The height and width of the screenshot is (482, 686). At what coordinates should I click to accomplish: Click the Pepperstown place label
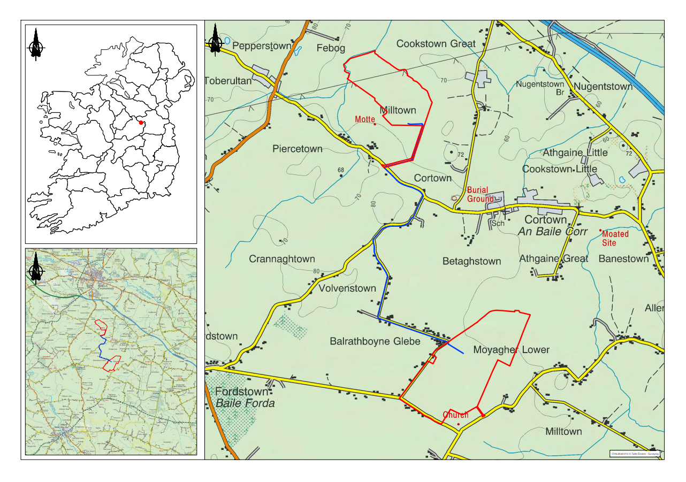click(262, 46)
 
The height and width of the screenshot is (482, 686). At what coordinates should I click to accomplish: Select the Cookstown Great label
click(436, 43)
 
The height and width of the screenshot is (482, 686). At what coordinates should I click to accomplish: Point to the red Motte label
click(365, 119)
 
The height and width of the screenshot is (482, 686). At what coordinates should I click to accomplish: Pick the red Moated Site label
click(615, 239)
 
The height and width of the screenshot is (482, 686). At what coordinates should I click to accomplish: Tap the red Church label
click(455, 415)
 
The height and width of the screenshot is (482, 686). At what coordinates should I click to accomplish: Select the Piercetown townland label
click(298, 149)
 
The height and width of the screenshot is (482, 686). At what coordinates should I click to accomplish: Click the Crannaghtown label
click(282, 259)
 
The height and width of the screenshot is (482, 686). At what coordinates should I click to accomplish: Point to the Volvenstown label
click(347, 288)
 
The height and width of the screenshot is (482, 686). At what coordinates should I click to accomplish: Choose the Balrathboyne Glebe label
click(375, 341)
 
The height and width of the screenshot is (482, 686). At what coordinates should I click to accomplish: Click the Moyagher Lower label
click(511, 350)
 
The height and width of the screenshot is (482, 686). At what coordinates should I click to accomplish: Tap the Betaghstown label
click(471, 261)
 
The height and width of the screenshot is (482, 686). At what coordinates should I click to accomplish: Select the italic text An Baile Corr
click(553, 232)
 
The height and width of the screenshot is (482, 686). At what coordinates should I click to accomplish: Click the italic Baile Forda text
click(245, 403)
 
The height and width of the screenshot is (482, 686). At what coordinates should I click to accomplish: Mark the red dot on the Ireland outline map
click(141, 123)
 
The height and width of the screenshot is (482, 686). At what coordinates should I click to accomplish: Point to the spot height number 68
click(340, 170)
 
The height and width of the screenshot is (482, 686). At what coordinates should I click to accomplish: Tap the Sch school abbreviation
click(498, 223)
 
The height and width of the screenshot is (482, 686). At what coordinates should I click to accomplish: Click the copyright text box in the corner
click(636, 454)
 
